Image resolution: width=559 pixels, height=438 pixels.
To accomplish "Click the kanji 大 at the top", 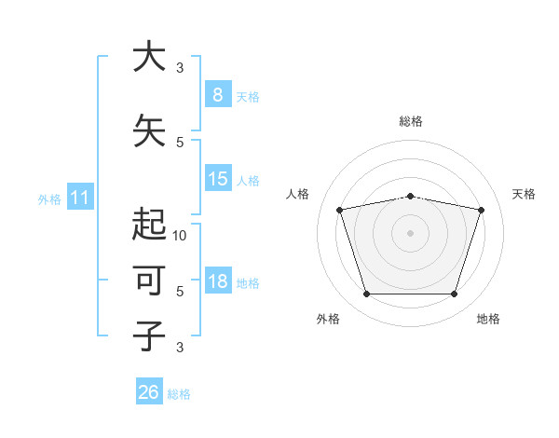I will [148, 58].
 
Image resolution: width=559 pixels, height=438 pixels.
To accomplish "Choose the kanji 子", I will [148, 335].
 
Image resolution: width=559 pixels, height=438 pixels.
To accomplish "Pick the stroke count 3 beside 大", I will [180, 67].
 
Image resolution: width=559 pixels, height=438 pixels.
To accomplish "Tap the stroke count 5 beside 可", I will [180, 291].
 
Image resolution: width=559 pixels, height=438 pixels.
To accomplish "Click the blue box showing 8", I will [217, 94].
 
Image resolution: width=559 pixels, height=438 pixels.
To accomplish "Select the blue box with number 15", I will [217, 179].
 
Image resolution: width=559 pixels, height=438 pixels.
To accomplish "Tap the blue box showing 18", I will [217, 282].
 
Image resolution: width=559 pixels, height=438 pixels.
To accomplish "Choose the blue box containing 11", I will [80, 198].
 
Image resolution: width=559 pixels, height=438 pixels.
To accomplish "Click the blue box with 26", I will [149, 392].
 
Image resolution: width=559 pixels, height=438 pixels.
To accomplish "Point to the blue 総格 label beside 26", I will [179, 394].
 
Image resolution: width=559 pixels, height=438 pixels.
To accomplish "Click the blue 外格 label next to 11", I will [49, 198].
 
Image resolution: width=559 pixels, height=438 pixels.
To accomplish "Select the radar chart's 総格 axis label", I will [410, 121].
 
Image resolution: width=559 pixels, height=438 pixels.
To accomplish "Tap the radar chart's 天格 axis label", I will [524, 194].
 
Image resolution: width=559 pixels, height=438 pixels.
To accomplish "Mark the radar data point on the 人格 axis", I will [340, 210].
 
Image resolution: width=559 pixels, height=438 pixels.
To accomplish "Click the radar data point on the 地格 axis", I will [454, 294].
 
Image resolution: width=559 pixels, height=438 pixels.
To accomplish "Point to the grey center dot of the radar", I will [410, 233].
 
